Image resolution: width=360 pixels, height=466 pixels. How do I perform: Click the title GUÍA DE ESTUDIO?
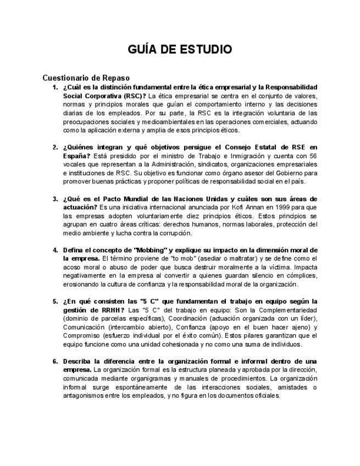click(180, 49)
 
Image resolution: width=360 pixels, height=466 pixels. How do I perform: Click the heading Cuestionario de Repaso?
click(86, 77)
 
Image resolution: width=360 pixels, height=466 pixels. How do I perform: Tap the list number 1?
click(55, 87)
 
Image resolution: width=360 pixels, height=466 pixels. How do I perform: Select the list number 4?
click(55, 250)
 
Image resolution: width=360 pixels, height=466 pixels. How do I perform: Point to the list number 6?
click(55, 362)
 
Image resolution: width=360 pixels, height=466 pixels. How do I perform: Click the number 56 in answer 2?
click(312, 156)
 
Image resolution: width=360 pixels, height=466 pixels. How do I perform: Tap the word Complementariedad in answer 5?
click(279, 310)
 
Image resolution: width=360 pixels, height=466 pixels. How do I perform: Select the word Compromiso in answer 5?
click(82, 336)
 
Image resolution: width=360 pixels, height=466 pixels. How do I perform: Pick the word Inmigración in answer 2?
click(243, 156)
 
